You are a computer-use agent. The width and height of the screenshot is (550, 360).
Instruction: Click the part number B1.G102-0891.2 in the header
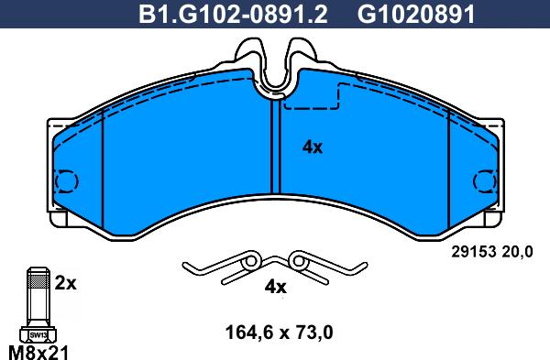pos(233,14)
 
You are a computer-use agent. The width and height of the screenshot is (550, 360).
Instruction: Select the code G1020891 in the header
pos(416,14)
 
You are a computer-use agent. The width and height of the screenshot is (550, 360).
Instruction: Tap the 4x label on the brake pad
pos(313,147)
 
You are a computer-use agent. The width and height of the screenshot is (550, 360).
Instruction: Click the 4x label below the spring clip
pos(275,287)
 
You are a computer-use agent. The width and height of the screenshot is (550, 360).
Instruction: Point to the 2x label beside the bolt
pos(66,283)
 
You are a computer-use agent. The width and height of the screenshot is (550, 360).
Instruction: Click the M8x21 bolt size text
pos(38,352)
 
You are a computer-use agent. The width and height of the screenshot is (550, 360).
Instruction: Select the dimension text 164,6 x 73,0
pos(280,333)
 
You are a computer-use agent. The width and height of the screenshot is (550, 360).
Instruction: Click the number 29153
pos(474,252)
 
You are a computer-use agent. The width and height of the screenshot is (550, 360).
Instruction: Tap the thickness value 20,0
pos(517,252)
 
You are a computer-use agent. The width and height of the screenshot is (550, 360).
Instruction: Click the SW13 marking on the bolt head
pos(38,334)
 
